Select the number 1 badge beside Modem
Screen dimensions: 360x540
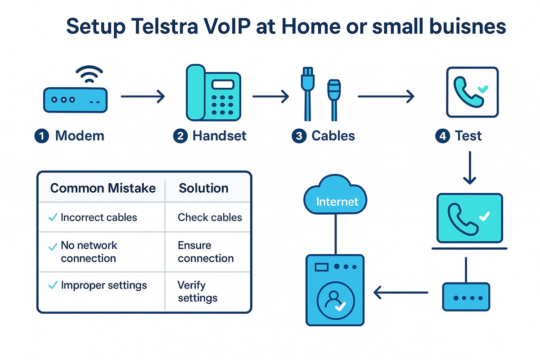point(41,136)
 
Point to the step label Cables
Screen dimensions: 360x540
point(333,136)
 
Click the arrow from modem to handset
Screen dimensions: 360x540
point(143,96)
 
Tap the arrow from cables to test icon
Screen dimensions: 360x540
point(385,96)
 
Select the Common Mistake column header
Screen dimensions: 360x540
point(103,188)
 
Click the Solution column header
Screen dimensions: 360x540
point(203,188)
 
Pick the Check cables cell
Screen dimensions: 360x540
point(210,217)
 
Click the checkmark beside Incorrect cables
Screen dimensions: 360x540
point(52,217)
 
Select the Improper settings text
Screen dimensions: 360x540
point(104,285)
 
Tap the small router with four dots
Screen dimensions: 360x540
point(466,297)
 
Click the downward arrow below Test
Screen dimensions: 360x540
point(469,167)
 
